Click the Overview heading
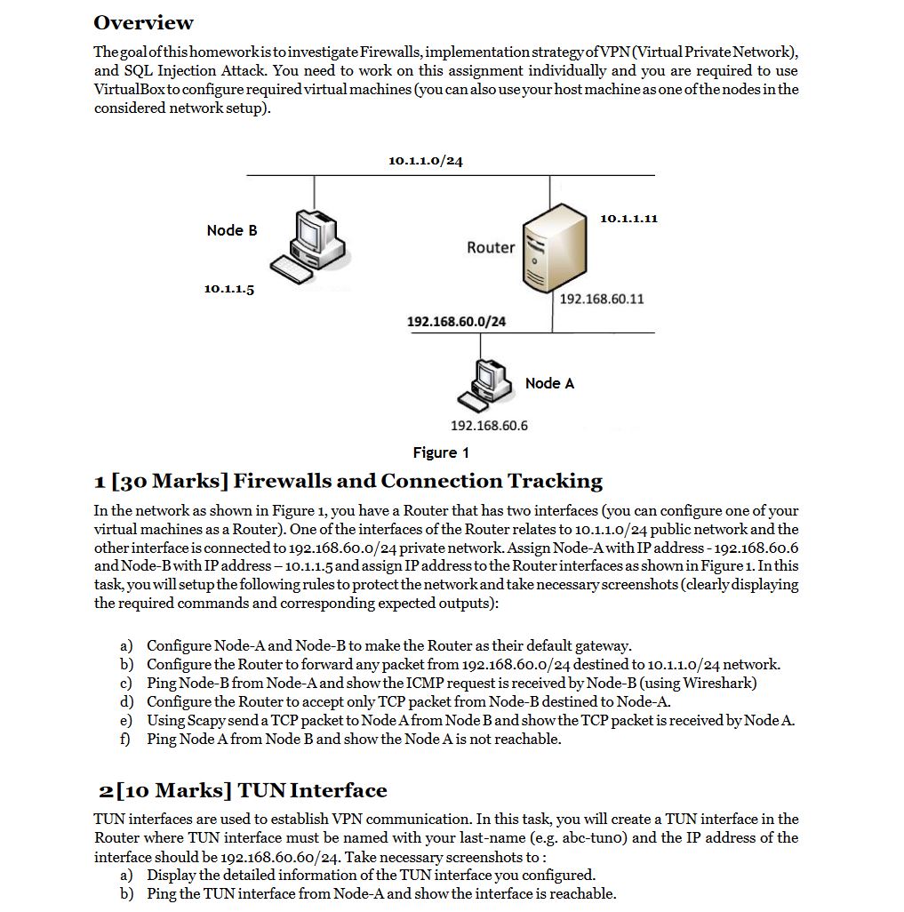[143, 22]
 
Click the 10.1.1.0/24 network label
[426, 161]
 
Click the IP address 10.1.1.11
[628, 218]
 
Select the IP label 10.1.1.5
[228, 289]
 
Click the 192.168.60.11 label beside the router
[602, 299]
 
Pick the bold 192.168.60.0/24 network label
[456, 321]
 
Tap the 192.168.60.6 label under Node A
[489, 426]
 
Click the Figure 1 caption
[441, 452]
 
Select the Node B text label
[231, 230]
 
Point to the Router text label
[491, 247]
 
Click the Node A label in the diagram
[549, 383]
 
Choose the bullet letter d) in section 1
[126, 701]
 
